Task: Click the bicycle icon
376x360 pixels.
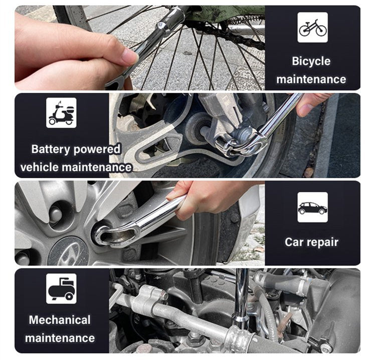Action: [x=312, y=28]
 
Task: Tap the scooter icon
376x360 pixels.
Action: [x=61, y=113]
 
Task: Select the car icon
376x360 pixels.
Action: [x=312, y=207]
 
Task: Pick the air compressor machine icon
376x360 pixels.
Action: [x=61, y=288]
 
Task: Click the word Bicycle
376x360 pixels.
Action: [x=311, y=61]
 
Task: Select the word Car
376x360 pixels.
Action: [x=293, y=242]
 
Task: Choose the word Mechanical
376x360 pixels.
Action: [x=60, y=320]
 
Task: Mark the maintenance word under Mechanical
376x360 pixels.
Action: [x=60, y=338]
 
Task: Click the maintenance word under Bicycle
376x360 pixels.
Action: [x=311, y=80]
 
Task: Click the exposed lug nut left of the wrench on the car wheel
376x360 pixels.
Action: [x=56, y=213]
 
